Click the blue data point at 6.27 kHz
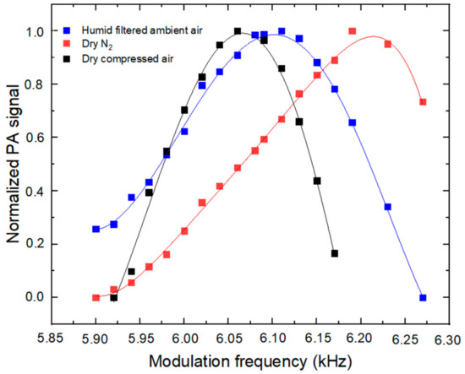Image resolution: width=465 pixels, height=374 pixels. (x=423, y=297)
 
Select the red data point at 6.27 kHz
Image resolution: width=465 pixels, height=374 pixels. (x=423, y=102)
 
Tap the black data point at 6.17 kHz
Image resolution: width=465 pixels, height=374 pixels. (x=335, y=253)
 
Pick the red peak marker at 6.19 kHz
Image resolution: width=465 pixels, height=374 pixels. (x=353, y=31)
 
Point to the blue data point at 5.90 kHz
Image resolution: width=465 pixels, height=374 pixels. (x=96, y=229)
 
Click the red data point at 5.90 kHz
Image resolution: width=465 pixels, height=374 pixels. (x=96, y=297)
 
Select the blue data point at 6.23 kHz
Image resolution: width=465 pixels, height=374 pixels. (x=388, y=207)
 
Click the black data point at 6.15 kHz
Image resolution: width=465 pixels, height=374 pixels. (x=317, y=181)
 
